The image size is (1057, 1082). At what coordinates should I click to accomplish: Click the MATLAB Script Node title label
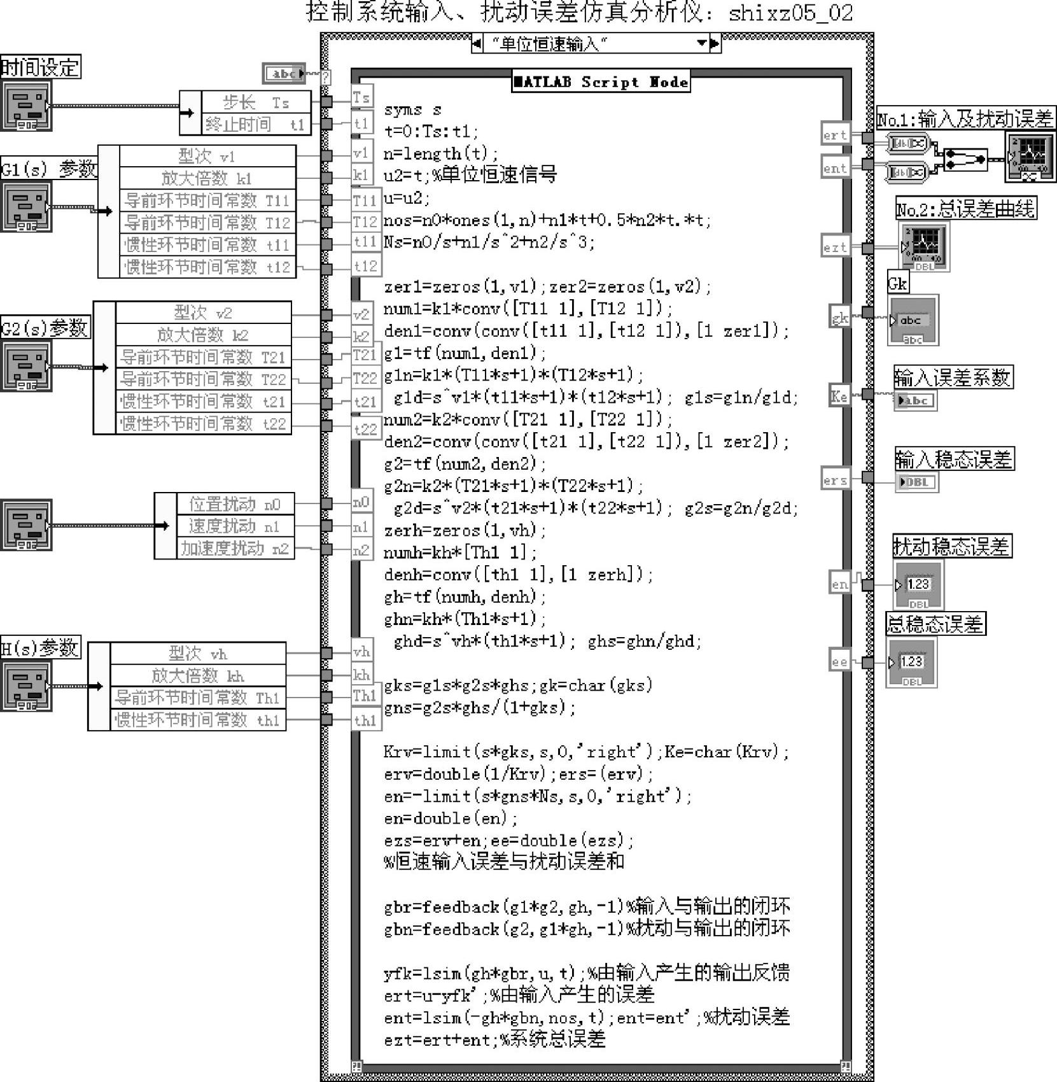pyautogui.click(x=601, y=81)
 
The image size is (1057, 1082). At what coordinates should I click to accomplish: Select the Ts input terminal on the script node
pyautogui.click(x=361, y=98)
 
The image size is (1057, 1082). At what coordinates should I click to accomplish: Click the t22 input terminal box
pyautogui.click(x=365, y=429)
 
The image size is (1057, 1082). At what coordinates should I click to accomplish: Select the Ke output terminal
pyautogui.click(x=839, y=396)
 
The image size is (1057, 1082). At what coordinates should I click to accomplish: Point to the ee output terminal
pyautogui.click(x=839, y=662)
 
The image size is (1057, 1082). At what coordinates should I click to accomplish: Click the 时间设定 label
pyautogui.click(x=40, y=67)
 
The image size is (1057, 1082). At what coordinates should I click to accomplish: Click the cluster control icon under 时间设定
pyautogui.click(x=26, y=108)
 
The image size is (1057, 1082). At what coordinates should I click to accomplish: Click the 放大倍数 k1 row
pyautogui.click(x=207, y=178)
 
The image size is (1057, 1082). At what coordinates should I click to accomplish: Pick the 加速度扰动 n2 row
pyautogui.click(x=235, y=549)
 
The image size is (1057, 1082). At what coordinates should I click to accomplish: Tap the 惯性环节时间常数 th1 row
pyautogui.click(x=197, y=720)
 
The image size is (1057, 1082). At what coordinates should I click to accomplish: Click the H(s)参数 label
pyautogui.click(x=39, y=648)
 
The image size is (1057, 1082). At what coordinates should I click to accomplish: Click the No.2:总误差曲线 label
pyautogui.click(x=966, y=209)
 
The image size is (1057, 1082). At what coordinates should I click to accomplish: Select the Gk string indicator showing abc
pyautogui.click(x=913, y=321)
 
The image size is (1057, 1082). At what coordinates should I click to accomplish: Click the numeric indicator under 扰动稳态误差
pyautogui.click(x=918, y=584)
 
